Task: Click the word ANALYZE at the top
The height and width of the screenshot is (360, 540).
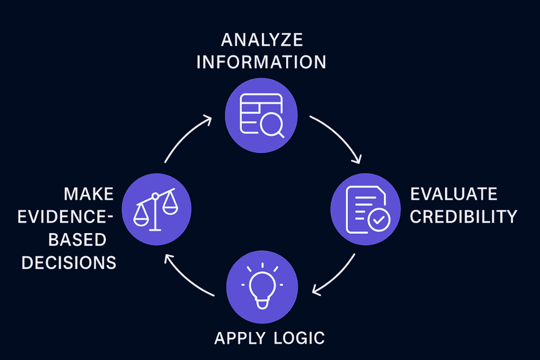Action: tap(261, 40)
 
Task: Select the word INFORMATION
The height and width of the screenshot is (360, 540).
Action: tap(261, 62)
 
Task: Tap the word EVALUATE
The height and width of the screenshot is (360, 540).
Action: tap(454, 194)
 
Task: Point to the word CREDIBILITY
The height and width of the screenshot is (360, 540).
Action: tap(463, 217)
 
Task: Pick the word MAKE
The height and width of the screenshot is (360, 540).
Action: tap(88, 194)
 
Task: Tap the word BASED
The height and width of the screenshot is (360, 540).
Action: tap(77, 239)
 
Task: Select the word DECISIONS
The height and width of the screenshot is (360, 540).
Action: tap(69, 262)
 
